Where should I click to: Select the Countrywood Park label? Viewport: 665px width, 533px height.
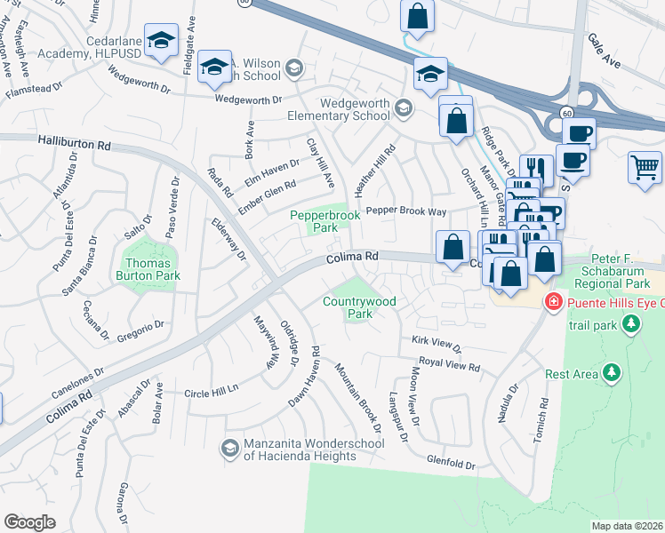pos(359,307)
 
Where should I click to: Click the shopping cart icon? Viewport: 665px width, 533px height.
pos(645,167)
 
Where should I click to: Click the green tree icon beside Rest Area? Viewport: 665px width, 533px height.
pos(611,374)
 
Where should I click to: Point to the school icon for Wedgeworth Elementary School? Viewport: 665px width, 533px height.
pos(403,108)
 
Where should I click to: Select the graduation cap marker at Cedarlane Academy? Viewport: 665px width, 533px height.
pos(162,42)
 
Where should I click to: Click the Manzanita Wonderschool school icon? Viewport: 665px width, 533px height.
pos(230,446)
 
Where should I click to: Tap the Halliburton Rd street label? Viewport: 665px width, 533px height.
pos(75,141)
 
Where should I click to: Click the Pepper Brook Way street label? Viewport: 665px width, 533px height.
pos(406,211)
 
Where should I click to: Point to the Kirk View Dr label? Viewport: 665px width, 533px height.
pos(437,342)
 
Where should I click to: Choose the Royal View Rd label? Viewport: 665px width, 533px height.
pos(450,363)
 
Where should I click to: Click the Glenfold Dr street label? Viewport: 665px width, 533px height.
pos(452,465)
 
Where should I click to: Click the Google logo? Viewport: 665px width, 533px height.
pos(29,521)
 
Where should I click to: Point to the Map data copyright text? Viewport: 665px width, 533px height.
pos(627,526)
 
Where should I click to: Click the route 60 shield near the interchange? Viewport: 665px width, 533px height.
pos(566,112)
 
